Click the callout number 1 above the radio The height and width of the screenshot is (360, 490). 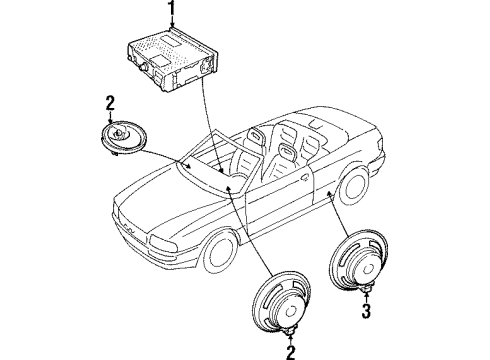click(x=172, y=8)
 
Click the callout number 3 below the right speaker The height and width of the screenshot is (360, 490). click(x=366, y=311)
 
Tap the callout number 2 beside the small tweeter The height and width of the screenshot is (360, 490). click(x=110, y=103)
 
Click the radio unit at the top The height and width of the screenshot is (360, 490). click(x=172, y=60)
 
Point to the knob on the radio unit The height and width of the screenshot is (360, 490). click(x=144, y=66)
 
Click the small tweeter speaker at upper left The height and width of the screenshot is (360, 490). click(x=124, y=138)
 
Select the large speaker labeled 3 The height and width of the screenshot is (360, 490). click(x=358, y=261)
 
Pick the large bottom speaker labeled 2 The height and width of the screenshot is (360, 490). click(x=282, y=302)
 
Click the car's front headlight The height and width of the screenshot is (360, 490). click(x=163, y=244)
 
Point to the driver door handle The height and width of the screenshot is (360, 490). click(x=304, y=177)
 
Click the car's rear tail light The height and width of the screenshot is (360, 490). click(x=380, y=145)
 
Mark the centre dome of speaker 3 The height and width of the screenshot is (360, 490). click(x=369, y=269)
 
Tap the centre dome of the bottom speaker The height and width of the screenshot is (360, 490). click(x=292, y=311)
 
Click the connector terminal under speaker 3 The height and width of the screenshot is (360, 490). click(x=367, y=289)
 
